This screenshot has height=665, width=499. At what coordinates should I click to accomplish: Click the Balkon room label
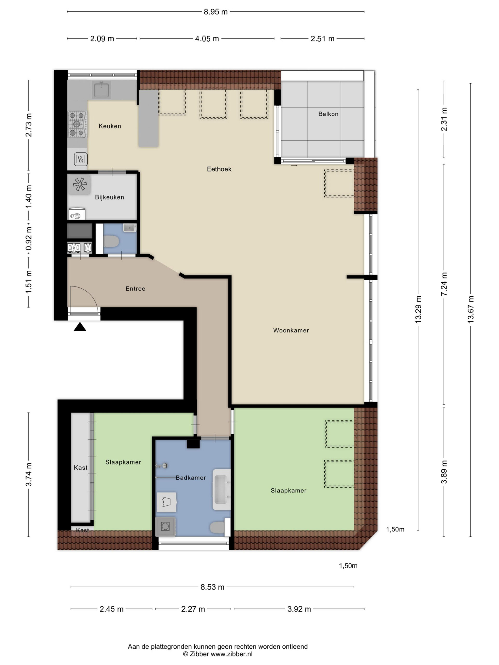pos(328,114)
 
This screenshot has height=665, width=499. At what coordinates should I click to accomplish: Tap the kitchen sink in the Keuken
pos(102,90)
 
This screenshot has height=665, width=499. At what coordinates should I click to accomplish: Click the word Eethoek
pos(219,169)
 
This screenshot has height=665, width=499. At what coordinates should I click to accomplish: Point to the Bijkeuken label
pos(109,197)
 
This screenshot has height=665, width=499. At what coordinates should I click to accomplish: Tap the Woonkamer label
pos(291,330)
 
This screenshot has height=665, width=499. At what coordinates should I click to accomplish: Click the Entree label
pos(135,289)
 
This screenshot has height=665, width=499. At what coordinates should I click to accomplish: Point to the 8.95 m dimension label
pos(216,12)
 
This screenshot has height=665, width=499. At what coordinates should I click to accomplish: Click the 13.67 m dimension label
pos(470,309)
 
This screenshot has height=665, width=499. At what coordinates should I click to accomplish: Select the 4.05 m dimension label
pos(207,39)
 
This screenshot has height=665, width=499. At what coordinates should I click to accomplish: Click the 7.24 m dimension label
pos(444,284)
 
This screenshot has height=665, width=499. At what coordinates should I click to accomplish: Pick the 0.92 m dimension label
pos(29,238)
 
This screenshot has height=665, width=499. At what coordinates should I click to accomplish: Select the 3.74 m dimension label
pos(29,475)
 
